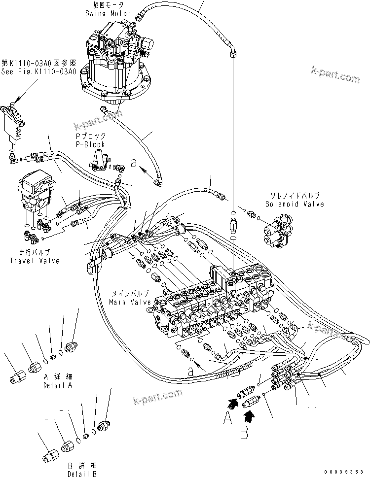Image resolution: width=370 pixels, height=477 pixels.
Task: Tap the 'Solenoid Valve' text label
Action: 295,204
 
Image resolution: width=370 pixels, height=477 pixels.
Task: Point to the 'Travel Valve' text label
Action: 35,260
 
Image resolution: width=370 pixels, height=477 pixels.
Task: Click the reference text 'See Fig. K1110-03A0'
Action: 38,71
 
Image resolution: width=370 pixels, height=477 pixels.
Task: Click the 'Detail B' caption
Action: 82,474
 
